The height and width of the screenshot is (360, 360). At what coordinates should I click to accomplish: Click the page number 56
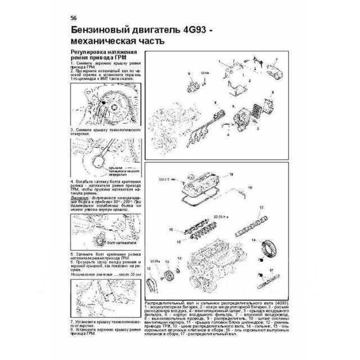tap(74, 16)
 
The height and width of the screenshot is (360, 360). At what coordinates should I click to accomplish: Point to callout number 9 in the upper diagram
tap(190, 74)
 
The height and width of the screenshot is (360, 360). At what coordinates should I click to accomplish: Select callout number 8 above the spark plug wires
tap(214, 102)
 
